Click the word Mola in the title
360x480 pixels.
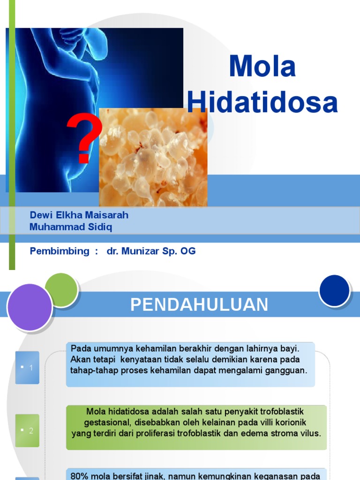[262, 67]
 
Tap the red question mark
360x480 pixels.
[83, 139]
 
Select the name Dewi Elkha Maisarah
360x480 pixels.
[79, 215]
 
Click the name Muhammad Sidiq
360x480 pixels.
[71, 227]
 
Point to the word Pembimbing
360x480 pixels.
[60, 251]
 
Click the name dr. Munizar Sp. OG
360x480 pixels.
[151, 251]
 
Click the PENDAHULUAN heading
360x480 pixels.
[199, 305]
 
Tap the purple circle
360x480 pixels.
[30, 307]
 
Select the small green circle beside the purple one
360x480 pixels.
[61, 289]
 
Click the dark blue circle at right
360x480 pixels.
[334, 291]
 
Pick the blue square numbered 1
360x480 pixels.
[27, 367]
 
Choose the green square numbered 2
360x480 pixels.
[27, 430]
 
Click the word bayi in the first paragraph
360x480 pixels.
[289, 349]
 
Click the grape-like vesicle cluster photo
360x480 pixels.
[153, 157]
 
